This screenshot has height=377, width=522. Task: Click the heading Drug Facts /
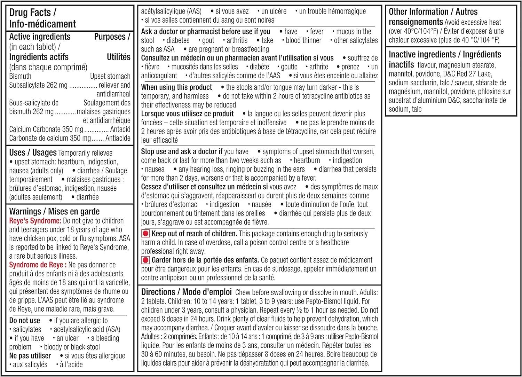click(32, 13)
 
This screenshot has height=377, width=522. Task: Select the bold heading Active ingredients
click(40, 37)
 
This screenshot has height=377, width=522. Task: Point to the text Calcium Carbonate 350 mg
click(46, 129)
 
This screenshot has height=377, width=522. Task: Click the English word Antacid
click(120, 129)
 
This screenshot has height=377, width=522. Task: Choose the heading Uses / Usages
click(33, 152)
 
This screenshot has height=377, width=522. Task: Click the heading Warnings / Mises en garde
click(54, 212)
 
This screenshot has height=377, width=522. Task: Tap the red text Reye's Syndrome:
click(35, 221)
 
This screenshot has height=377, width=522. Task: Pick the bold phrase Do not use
click(25, 321)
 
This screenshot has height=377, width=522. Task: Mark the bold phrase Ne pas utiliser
click(30, 356)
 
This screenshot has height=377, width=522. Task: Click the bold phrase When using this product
click(176, 87)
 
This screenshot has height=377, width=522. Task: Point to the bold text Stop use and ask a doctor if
click(182, 151)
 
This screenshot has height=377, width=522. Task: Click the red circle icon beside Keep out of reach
click(145, 234)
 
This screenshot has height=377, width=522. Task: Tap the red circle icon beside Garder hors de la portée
click(145, 260)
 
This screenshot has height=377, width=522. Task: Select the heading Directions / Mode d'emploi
click(187, 292)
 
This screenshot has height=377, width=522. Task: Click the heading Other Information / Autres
click(433, 12)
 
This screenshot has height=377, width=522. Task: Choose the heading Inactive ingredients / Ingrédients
click(445, 55)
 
